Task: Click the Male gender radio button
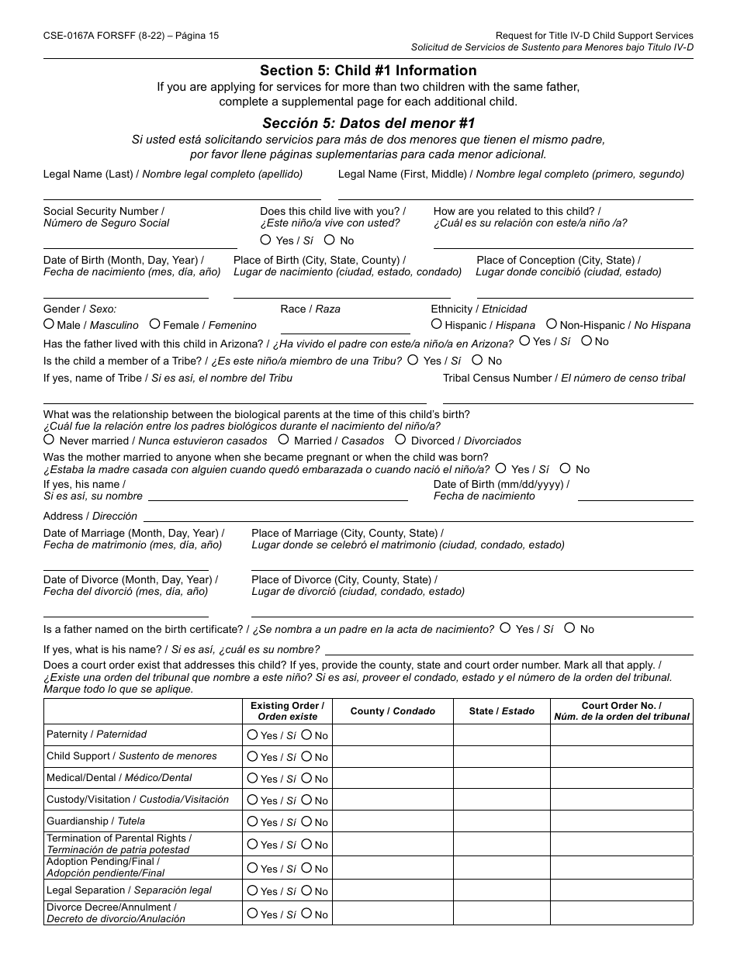pyautogui.click(x=49, y=324)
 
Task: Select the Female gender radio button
pyautogui.click(x=155, y=324)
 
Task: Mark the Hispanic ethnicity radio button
pyautogui.click(x=437, y=324)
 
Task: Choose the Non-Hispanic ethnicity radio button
pyautogui.click(x=552, y=324)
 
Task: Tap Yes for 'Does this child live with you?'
pyautogui.click(x=266, y=240)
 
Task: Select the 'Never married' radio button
pyautogui.click(x=49, y=440)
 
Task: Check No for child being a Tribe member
pyautogui.click(x=477, y=360)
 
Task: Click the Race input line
pyautogui.click(x=344, y=330)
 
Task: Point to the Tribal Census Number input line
pyautogui.click(x=567, y=400)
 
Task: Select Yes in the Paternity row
pyautogui.click(x=252, y=735)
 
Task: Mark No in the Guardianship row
pyautogui.click(x=306, y=821)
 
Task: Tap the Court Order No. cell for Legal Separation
pyautogui.click(x=621, y=890)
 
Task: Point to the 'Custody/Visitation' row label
pyautogui.click(x=137, y=800)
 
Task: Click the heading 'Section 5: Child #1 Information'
pyautogui.click(x=368, y=71)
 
